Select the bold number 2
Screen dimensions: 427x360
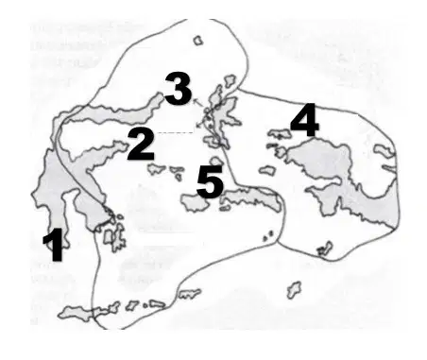point(141,146)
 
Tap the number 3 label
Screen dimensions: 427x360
point(179,89)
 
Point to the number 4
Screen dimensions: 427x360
point(304,120)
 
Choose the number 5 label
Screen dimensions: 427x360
point(210,181)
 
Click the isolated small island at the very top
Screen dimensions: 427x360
point(197,41)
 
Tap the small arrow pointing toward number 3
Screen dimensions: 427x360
point(197,103)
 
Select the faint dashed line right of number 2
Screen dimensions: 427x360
point(176,133)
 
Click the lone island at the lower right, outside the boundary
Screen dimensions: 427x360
point(294,290)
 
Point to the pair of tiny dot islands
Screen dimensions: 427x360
point(268,235)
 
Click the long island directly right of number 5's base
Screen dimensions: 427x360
point(252,198)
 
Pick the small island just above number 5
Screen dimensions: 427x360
point(215,161)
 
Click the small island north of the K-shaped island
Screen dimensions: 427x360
point(230,81)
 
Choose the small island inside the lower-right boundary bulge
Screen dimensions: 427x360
point(325,249)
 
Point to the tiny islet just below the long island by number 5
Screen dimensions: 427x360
point(225,208)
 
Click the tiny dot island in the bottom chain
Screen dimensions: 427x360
point(145,305)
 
